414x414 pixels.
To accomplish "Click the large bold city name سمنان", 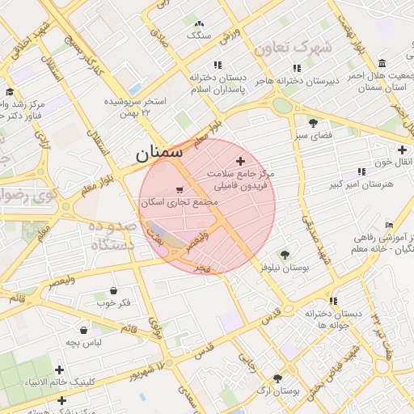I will click(158, 151).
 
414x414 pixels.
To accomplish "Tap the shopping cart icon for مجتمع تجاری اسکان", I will click(178, 191).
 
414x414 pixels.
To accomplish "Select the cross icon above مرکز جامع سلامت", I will click(239, 162).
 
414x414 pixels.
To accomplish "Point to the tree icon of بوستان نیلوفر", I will click(284, 255).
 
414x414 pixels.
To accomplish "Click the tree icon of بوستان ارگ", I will click(277, 378).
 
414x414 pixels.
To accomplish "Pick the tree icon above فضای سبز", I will click(313, 122).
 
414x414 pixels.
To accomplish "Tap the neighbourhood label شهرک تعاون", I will click(292, 48).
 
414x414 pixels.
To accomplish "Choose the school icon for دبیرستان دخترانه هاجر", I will click(297, 68).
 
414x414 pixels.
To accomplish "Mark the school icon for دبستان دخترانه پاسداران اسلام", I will click(217, 65).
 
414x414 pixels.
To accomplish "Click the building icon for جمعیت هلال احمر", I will click(381, 63).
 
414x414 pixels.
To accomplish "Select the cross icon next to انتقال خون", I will click(402, 150).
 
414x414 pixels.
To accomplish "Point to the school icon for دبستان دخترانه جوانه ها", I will click(332, 300).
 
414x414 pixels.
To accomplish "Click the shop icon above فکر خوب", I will click(112, 290).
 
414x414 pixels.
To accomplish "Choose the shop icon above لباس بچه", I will click(83, 329).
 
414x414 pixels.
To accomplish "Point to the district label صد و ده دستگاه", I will click(113, 235).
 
